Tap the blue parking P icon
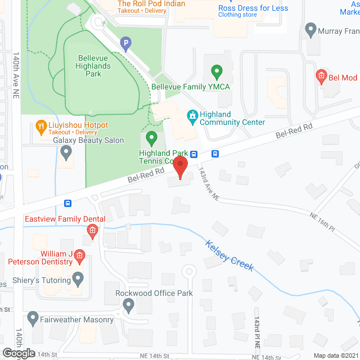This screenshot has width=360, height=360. pos(127,42)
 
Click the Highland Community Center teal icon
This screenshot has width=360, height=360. pos(193,117)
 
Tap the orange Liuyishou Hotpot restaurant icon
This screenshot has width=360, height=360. pos(40,127)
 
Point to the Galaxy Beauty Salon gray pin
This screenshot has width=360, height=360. pos(66,151)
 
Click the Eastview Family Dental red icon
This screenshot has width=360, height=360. pos(92,230)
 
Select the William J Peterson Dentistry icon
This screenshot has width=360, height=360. pos(79,256)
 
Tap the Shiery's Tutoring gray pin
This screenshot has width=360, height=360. pos(78,278)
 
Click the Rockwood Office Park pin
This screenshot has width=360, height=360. pos(129,305)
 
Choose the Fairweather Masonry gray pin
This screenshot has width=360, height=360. pos(32,319)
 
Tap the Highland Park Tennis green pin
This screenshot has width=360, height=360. pos(151,137)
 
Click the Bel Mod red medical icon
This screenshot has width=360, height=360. pos(321,76)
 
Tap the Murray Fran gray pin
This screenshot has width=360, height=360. pos(310,29)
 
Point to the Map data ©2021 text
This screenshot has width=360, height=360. pos(335,355)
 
